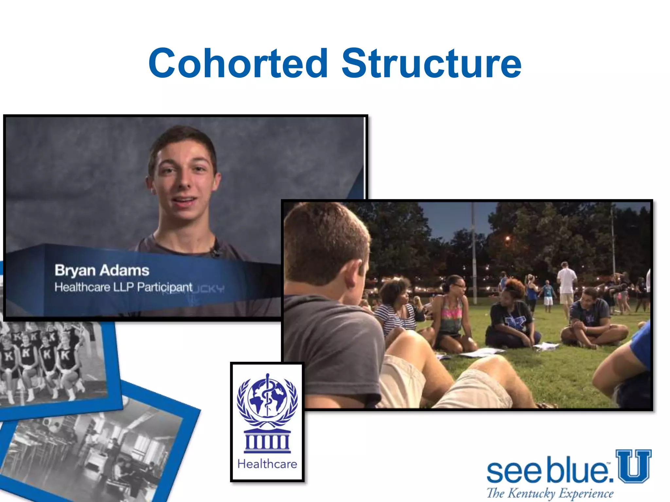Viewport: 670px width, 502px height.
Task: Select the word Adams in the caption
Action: coord(125,271)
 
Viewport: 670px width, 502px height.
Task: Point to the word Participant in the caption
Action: coord(165,288)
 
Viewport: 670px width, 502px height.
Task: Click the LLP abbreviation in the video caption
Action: coord(123,287)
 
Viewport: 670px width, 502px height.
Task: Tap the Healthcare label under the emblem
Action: coord(267,464)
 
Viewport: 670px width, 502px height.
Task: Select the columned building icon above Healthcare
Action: coord(267,441)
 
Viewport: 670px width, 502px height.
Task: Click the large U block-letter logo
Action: coord(633,466)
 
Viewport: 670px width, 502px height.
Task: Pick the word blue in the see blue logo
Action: coord(578,471)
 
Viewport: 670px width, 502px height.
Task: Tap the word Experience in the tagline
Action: coord(586,493)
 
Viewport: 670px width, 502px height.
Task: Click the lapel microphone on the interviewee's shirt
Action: coord(215,252)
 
